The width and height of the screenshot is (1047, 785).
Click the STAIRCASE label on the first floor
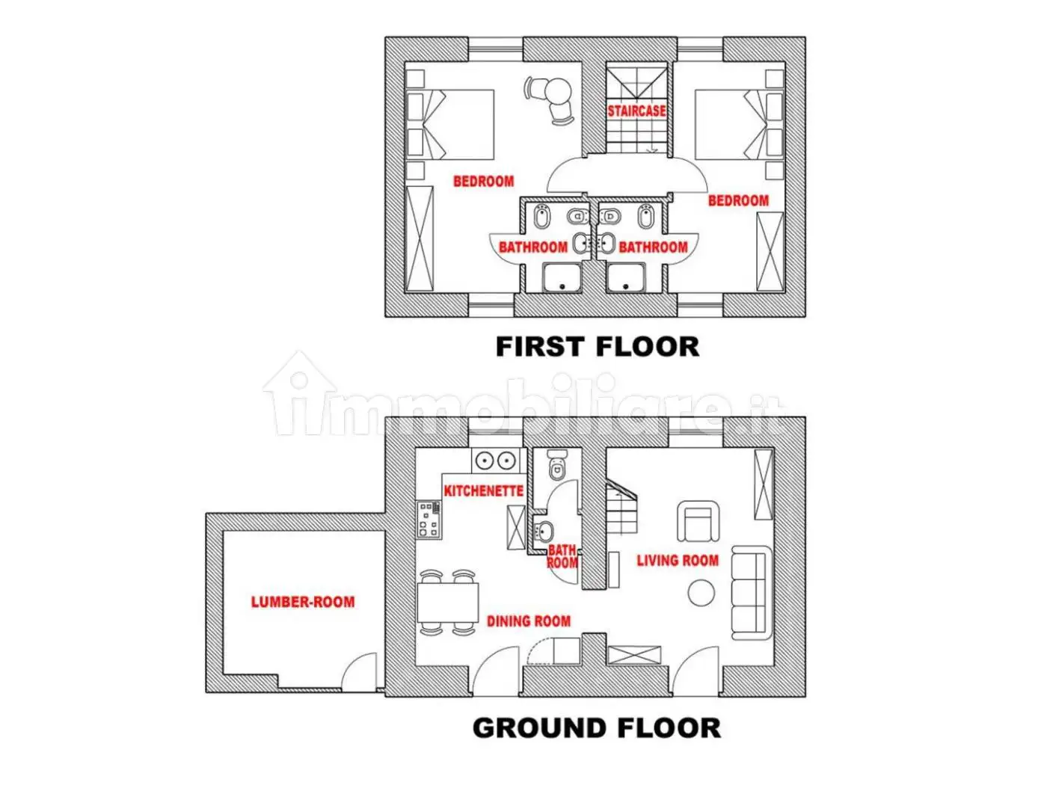pos(636,111)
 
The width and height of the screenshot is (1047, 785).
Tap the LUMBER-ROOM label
pos(303,602)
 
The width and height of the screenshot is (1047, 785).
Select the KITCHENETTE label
pos(483,491)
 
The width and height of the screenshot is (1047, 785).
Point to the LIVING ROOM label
pos(678,561)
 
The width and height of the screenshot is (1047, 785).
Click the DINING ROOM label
pos(529,621)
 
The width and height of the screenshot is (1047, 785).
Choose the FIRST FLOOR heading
pos(598,346)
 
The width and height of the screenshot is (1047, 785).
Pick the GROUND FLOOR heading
pos(597,727)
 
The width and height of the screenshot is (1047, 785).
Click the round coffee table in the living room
pos(701,592)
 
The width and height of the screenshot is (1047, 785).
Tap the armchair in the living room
pos(698,521)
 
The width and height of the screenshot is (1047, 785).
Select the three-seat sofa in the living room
pos(752,593)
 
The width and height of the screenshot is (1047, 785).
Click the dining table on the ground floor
pos(448,603)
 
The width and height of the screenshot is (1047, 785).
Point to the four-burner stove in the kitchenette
pos(429,520)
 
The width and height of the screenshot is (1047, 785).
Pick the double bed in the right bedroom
pos(740,124)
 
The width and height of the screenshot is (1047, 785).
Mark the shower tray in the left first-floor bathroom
pos(562,278)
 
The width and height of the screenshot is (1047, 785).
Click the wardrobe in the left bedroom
pos(420,238)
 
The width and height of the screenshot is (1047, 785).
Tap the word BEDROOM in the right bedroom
pos(738,200)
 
